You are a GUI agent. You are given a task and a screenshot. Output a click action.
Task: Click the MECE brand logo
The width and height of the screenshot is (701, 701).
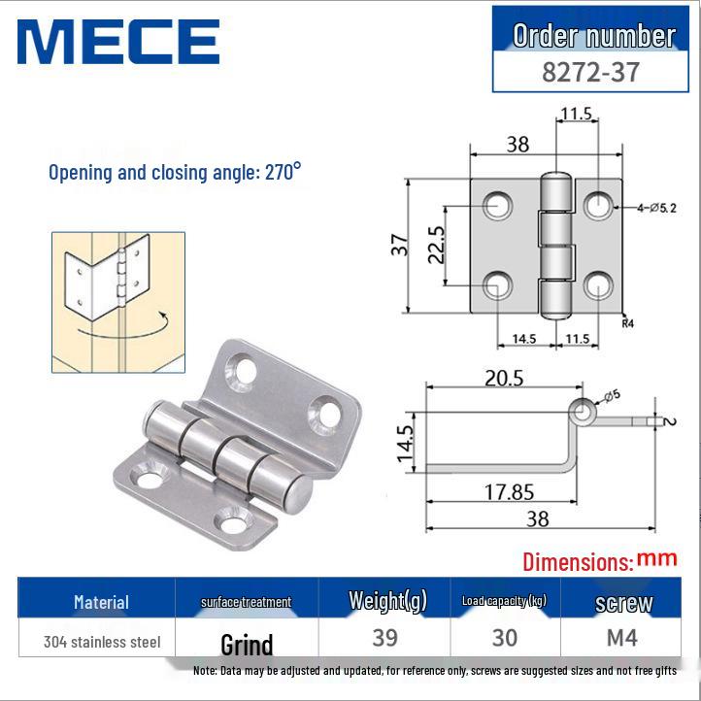pyautogui.click(x=117, y=42)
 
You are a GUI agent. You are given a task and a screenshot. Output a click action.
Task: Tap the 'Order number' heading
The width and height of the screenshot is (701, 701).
pyautogui.click(x=594, y=36)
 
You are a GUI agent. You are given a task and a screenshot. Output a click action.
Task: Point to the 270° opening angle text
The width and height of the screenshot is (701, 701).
pyautogui.click(x=175, y=173)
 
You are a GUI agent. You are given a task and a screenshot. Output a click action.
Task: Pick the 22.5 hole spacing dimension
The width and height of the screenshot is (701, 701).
pyautogui.click(x=436, y=245)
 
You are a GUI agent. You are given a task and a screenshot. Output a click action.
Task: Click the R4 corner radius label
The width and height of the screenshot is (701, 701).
pyautogui.click(x=628, y=325)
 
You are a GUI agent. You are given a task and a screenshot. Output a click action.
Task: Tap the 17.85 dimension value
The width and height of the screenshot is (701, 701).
pyautogui.click(x=509, y=492)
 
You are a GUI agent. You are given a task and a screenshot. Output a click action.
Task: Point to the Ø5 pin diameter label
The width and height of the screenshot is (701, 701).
pyautogui.click(x=615, y=395)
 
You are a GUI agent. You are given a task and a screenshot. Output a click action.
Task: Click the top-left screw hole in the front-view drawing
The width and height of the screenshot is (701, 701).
pyautogui.click(x=499, y=205)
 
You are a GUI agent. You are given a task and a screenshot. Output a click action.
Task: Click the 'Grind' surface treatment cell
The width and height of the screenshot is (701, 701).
pyautogui.click(x=247, y=644)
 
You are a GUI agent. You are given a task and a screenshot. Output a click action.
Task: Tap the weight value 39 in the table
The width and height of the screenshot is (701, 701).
pyautogui.click(x=386, y=638)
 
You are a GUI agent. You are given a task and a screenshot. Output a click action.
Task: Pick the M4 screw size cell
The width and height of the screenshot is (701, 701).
pyautogui.click(x=623, y=638)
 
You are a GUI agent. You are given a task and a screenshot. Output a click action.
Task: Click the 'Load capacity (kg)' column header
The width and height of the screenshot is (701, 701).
pyautogui.click(x=504, y=601)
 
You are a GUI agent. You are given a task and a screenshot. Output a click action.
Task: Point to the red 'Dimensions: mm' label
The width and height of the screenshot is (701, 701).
pyautogui.click(x=598, y=560)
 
